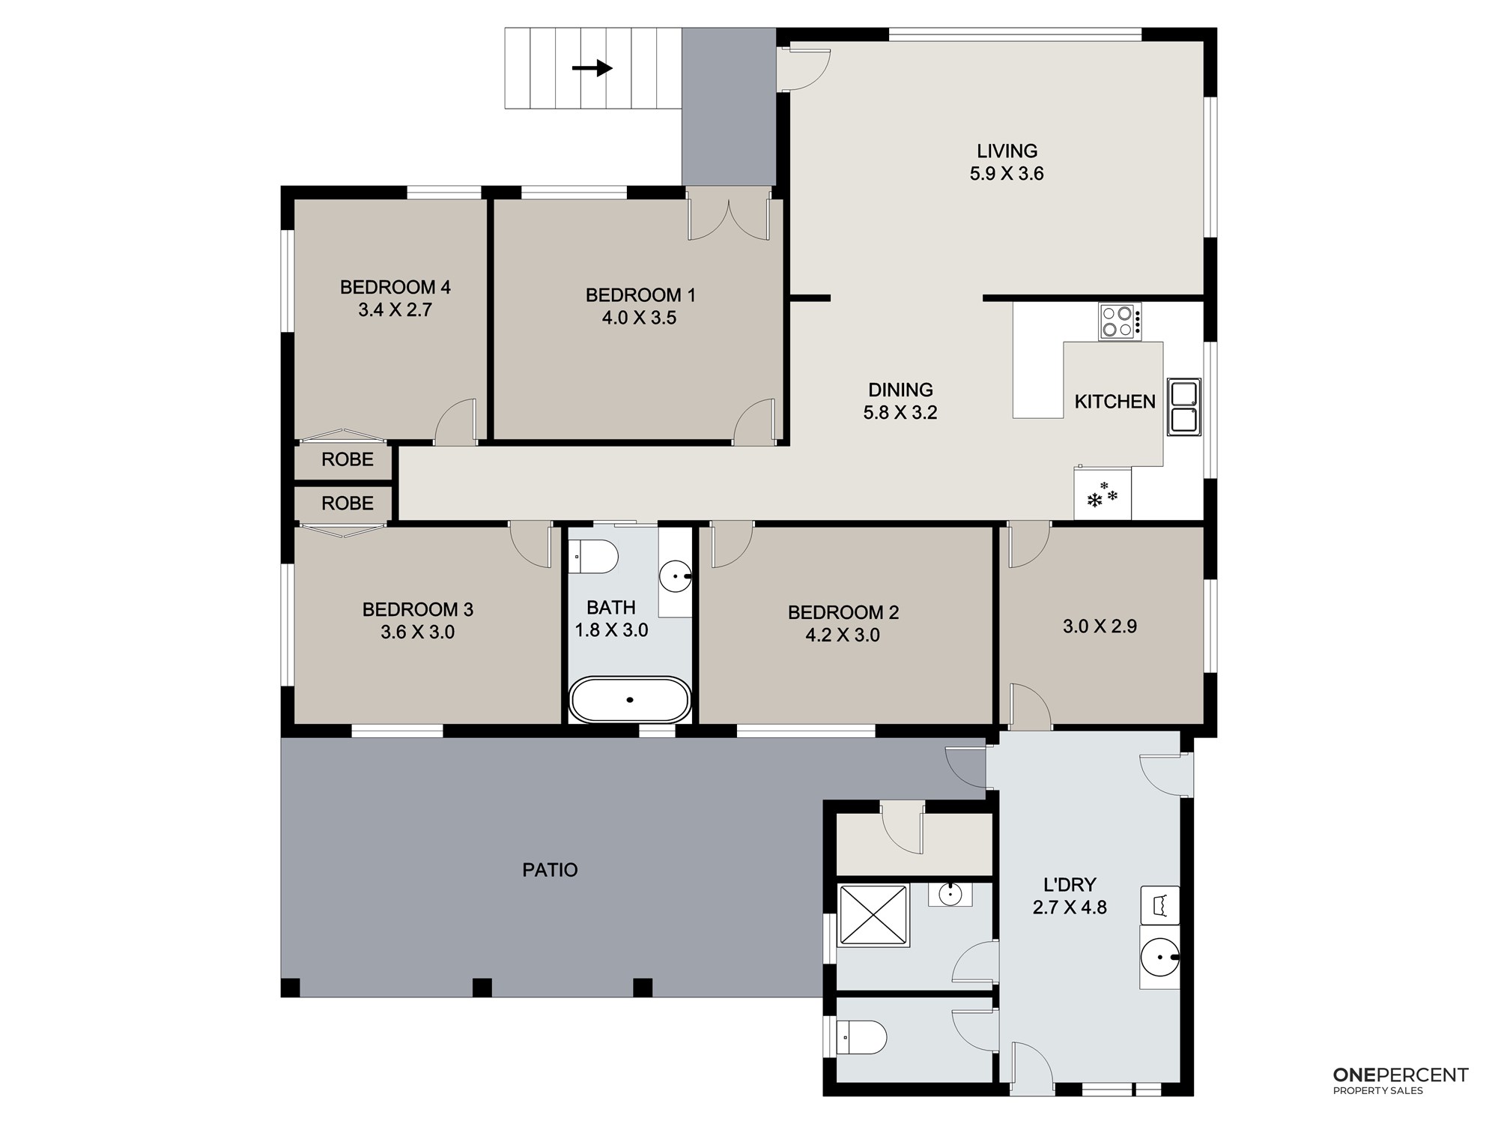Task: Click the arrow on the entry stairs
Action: coord(592,68)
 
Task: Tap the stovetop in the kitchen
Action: coord(1120,321)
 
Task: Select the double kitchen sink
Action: coord(1183,407)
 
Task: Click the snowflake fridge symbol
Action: coord(1103,495)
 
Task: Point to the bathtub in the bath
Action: coord(630,700)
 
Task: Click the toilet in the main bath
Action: coord(593,557)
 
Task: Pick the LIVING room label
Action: coord(1007,151)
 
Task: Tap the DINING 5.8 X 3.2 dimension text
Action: coord(900,412)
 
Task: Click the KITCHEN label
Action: coord(1115,402)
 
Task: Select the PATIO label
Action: coord(550,870)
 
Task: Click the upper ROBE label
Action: coord(348,459)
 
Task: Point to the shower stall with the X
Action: coord(873,916)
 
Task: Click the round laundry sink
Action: coord(1160,957)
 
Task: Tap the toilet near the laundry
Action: coord(861,1038)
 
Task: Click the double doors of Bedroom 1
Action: coord(729,214)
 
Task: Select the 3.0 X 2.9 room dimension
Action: coord(1100,626)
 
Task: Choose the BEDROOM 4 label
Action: coord(395,287)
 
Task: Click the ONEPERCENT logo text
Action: coord(1401,1075)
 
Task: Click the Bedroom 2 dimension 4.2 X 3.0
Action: coord(843,635)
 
